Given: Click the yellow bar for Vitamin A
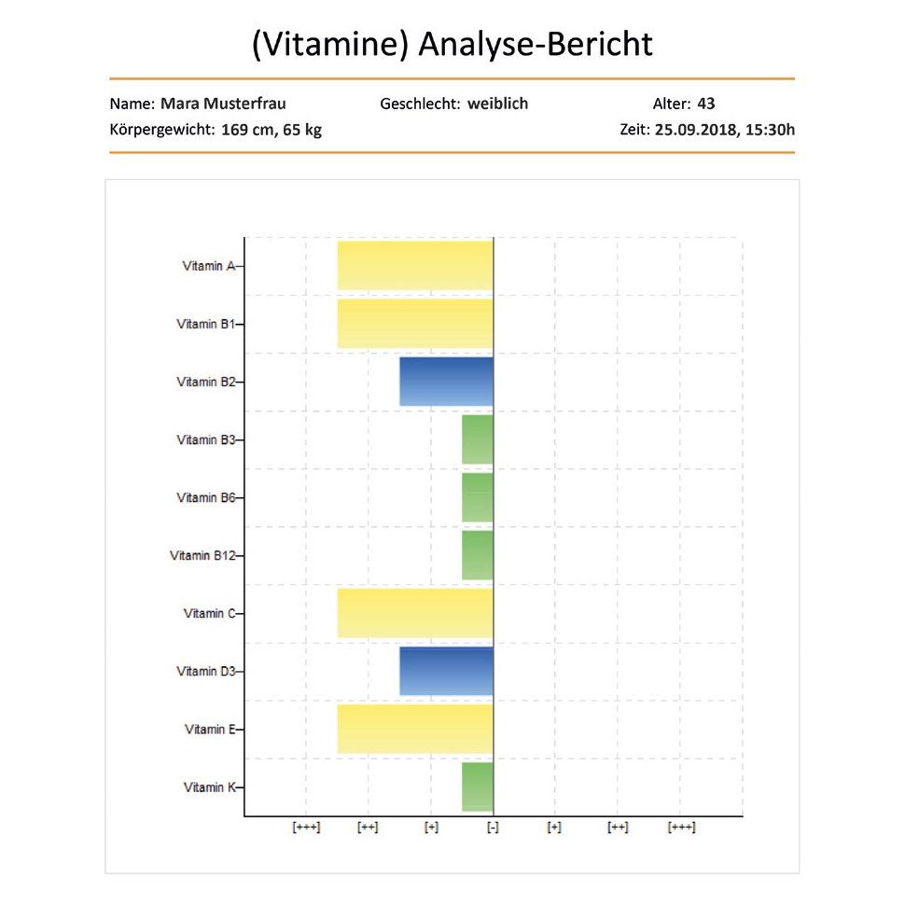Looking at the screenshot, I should click(415, 266).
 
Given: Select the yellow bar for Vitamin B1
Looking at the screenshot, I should click(415, 324).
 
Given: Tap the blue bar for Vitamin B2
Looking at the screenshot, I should click(446, 382).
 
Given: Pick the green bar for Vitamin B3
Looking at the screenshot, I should click(478, 439).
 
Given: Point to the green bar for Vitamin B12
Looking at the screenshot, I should click(478, 555).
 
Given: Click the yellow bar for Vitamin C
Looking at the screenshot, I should click(415, 613).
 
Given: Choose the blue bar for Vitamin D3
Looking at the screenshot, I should click(446, 671).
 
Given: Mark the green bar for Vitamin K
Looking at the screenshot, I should click(478, 787).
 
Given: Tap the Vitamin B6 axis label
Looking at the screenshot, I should click(205, 498).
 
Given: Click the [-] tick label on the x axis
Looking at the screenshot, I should click(493, 828).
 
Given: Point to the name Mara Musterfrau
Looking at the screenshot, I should click(223, 104).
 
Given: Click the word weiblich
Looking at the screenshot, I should click(497, 104).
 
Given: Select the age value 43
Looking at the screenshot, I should click(706, 104).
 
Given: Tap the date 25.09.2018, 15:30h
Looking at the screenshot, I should click(725, 130).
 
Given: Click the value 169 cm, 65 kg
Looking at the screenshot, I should click(271, 130).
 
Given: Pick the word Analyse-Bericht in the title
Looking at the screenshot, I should click(536, 45).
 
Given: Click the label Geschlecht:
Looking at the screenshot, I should click(420, 104).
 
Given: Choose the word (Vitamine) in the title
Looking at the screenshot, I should click(330, 45).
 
